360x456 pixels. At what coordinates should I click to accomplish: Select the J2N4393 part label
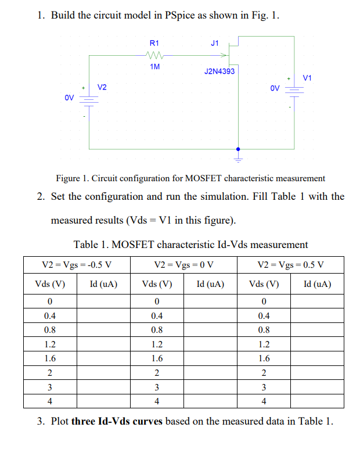(219, 71)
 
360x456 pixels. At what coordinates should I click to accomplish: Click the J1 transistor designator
(215, 42)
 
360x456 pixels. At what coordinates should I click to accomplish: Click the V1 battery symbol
(295, 91)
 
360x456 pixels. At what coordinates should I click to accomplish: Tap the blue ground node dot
(237, 149)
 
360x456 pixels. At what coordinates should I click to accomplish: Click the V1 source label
(307, 77)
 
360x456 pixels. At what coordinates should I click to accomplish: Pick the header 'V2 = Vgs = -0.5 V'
(77, 265)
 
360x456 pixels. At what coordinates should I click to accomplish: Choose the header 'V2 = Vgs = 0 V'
(184, 265)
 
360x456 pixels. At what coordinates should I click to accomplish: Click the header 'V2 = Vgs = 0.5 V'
(290, 265)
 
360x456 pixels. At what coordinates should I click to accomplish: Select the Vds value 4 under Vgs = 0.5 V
(264, 401)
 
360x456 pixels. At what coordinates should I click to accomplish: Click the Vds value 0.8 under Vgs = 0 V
(157, 330)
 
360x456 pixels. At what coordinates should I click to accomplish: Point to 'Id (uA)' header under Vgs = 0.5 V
(317, 285)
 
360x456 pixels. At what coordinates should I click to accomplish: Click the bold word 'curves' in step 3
(147, 421)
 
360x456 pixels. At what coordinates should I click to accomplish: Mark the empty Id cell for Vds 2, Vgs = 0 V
(210, 372)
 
